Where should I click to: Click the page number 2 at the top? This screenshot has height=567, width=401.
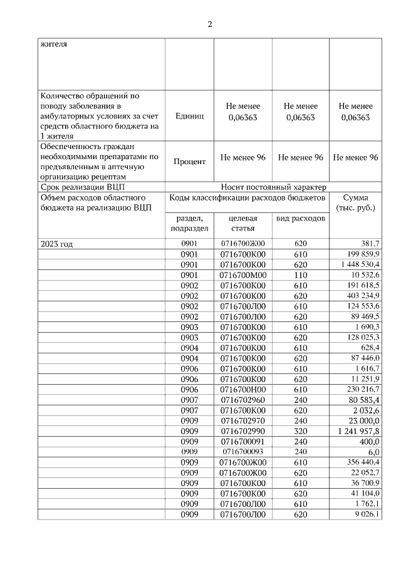tap(210, 24)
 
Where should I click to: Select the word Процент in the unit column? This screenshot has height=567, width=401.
tap(190, 162)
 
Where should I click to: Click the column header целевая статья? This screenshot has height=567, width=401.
tap(244, 224)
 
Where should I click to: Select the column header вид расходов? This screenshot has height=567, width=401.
tap(300, 219)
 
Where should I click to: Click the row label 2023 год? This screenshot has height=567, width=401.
tap(56, 244)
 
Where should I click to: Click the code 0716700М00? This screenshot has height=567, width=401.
tap(244, 276)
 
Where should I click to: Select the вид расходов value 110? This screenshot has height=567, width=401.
tap(300, 276)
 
